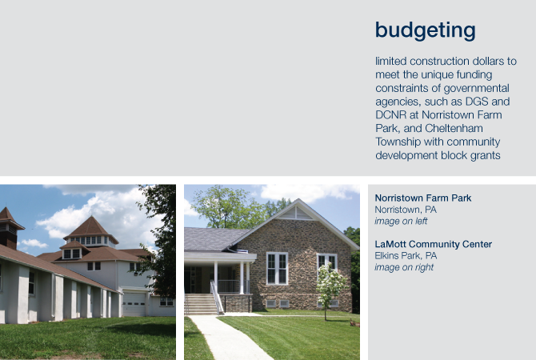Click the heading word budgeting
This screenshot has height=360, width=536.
pyautogui.click(x=426, y=30)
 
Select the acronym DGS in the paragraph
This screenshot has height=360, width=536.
pyautogui.click(x=477, y=102)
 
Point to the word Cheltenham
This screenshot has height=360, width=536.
pyautogui.click(x=454, y=128)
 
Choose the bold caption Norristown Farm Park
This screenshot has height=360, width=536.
pyautogui.click(x=423, y=198)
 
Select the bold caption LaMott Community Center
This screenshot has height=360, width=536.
pyautogui.click(x=433, y=244)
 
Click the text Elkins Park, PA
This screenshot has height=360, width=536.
pyautogui.click(x=406, y=256)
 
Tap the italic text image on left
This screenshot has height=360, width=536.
pyautogui.click(x=401, y=221)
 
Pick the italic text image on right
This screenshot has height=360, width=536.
pyautogui.click(x=404, y=267)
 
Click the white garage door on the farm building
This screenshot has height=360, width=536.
pyautogui.click(x=134, y=304)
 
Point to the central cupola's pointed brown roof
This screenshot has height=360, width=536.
pyautogui.click(x=90, y=227)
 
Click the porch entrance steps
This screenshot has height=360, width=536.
pyautogui.click(x=202, y=303)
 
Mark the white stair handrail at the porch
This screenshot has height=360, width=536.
pyautogui.click(x=216, y=297)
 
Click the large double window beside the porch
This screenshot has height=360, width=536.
pyautogui.click(x=277, y=269)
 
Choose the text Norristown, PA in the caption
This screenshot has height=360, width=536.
pyautogui.click(x=406, y=210)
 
